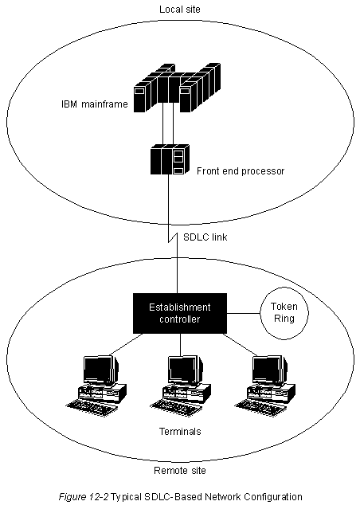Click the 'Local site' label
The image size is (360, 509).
180,9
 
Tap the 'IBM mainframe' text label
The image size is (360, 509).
95,104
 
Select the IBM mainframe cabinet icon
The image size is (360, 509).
178,88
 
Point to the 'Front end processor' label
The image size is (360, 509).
241,171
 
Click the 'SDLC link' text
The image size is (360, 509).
205,237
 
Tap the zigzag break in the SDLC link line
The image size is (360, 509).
173,237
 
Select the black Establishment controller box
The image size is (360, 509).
180,313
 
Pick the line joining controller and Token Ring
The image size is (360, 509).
244,314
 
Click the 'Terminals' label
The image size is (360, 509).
180,432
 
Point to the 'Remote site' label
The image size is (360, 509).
180,471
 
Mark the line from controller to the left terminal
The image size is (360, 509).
127,344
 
